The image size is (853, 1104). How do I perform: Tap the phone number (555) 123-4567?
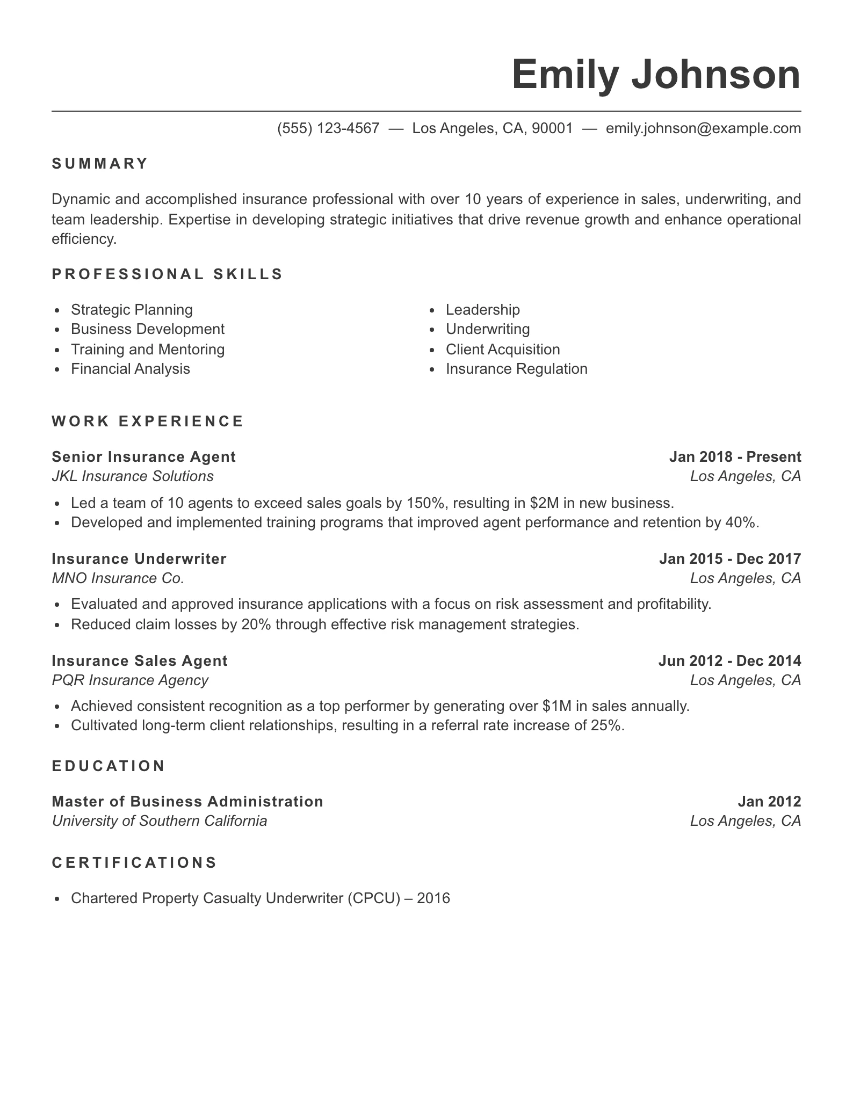[328, 128]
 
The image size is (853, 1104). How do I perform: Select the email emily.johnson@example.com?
[703, 128]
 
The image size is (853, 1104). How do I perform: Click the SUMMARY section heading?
[100, 164]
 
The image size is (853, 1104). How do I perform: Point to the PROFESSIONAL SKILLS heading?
[167, 274]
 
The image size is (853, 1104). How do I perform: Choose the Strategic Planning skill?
[132, 310]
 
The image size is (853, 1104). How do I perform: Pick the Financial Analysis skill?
[131, 369]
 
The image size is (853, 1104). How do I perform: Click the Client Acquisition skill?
[503, 350]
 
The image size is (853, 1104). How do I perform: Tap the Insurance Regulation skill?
[516, 369]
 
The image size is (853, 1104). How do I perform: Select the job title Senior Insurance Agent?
[143, 457]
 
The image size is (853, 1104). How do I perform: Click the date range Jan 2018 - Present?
[735, 457]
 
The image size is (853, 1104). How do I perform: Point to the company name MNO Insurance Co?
[118, 578]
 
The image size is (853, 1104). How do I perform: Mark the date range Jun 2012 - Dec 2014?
[729, 661]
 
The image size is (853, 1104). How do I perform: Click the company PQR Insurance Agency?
[130, 680]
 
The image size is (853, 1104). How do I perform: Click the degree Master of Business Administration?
[187, 802]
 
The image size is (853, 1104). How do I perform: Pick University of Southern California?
[160, 821]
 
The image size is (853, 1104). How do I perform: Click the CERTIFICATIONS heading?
[134, 863]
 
